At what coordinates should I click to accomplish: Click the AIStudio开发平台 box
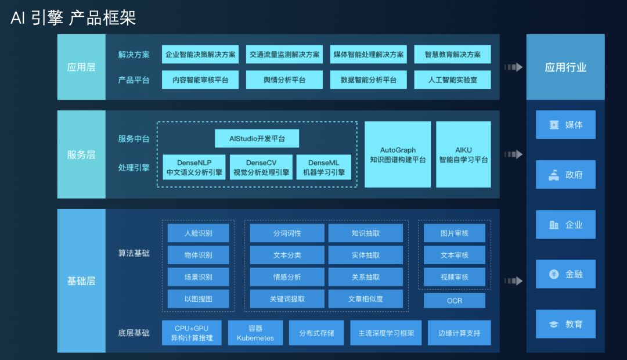click(257, 138)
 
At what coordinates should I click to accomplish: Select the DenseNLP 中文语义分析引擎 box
click(194, 167)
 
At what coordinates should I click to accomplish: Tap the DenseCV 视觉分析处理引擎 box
click(261, 167)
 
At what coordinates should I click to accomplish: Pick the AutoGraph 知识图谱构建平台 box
click(398, 154)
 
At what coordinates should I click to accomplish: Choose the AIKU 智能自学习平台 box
click(463, 154)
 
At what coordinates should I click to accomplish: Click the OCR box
click(455, 301)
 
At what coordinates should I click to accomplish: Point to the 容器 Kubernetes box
click(255, 333)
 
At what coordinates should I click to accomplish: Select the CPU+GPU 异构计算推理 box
click(192, 333)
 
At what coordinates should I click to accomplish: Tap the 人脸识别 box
click(198, 233)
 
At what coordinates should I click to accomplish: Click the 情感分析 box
click(287, 277)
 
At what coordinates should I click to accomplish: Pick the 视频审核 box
click(455, 277)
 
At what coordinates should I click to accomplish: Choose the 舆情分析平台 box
click(284, 80)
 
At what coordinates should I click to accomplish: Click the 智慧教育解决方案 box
click(452, 55)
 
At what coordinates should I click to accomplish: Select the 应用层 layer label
click(81, 67)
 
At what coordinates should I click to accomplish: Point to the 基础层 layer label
click(81, 281)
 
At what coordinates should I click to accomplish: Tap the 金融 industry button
click(565, 274)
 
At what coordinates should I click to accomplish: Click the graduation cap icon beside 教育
click(554, 324)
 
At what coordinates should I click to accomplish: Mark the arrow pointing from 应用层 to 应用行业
click(513, 67)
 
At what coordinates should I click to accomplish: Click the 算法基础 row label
click(134, 253)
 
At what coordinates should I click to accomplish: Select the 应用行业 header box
click(565, 67)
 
